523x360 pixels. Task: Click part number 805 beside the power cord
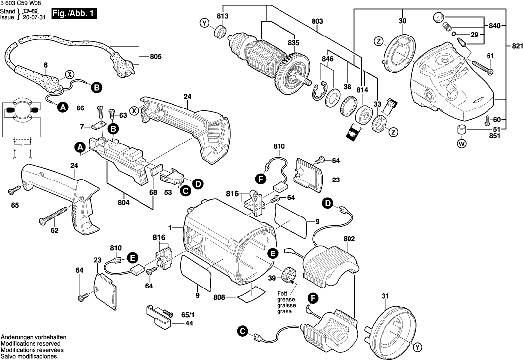tap(155, 57)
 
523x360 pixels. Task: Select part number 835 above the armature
tap(293, 43)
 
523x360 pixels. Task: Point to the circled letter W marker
tap(461, 144)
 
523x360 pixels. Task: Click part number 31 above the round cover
tap(385, 296)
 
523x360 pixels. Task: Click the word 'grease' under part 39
tap(284, 299)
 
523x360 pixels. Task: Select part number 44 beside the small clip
tap(189, 324)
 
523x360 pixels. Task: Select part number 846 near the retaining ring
tap(327, 59)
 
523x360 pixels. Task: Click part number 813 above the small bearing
tap(223, 17)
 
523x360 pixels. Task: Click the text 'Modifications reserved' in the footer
tap(30, 343)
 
